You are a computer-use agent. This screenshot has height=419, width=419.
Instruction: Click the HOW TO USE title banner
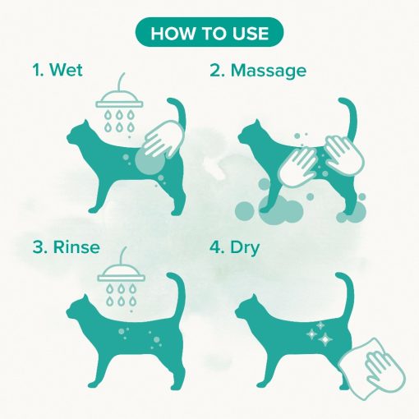click(209, 32)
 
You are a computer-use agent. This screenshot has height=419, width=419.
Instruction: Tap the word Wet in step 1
click(66, 70)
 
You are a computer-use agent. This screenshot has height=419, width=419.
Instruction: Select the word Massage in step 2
click(269, 71)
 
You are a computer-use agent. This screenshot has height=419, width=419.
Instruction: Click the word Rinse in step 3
click(76, 247)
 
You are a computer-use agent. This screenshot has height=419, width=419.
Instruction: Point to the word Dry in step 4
click(245, 248)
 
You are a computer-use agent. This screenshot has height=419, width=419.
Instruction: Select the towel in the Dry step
click(371, 368)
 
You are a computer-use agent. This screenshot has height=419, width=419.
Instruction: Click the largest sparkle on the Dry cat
click(325, 339)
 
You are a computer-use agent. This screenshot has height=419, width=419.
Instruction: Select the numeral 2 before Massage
click(215, 71)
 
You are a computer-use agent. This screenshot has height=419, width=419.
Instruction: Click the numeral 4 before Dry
click(215, 247)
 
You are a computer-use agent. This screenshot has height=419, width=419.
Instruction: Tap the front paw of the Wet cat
click(93, 210)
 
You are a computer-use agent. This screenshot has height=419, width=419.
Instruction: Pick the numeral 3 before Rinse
click(38, 247)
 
